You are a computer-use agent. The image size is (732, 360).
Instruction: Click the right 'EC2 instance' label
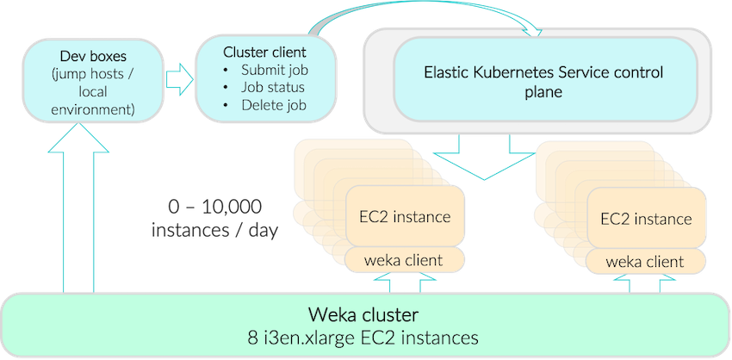[646, 219]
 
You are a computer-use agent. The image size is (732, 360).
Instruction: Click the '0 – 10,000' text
[215, 208]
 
